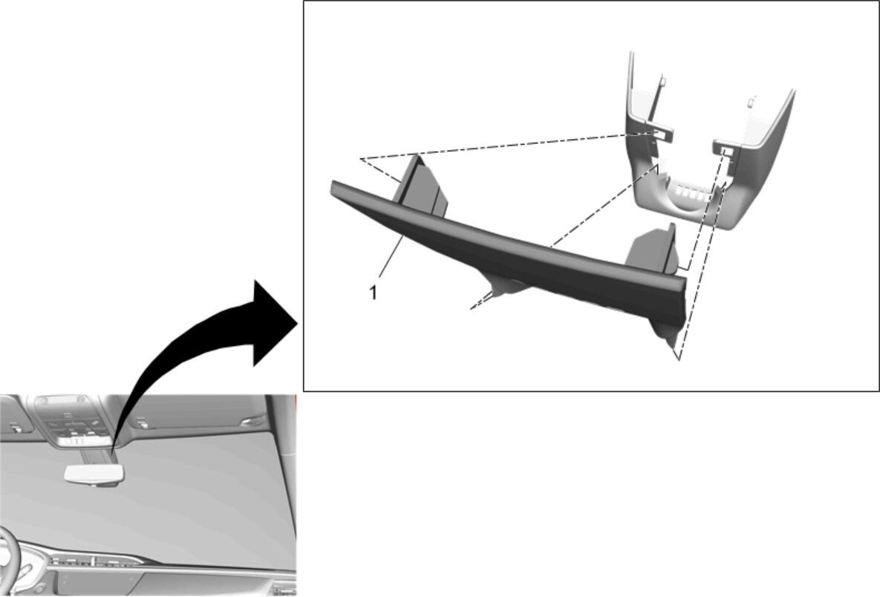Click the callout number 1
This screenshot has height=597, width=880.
[373, 293]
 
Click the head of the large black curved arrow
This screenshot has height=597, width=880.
[273, 323]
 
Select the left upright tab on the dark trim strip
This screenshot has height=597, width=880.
[421, 187]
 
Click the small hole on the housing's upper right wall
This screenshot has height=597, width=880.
[750, 102]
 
